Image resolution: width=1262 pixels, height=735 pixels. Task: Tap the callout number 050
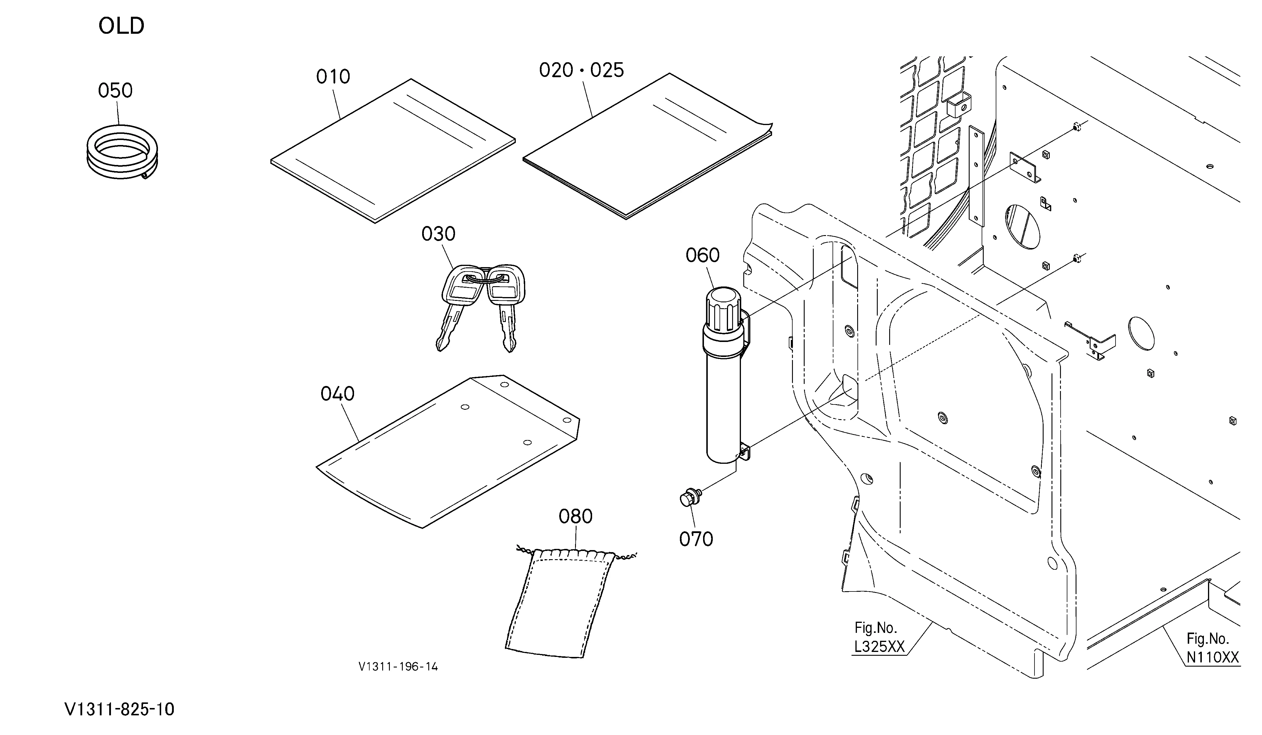click(115, 91)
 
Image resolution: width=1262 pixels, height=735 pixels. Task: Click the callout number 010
click(333, 77)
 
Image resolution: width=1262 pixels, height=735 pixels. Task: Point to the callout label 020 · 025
click(582, 70)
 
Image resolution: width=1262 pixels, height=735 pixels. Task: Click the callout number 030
click(438, 234)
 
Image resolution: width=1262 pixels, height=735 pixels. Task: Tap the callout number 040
click(338, 394)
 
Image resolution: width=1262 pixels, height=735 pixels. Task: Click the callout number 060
click(702, 255)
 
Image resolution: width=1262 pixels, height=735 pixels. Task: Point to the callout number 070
click(696, 539)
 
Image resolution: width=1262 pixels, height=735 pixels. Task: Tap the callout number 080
click(575, 516)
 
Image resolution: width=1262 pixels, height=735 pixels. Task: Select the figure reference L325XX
click(879, 647)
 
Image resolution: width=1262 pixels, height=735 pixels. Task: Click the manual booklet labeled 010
click(393, 151)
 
